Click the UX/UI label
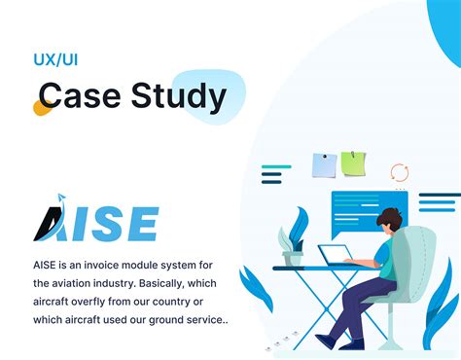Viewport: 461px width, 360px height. [x=55, y=60]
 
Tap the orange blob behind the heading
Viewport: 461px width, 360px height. [x=42, y=107]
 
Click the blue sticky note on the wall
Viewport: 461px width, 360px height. [x=324, y=165]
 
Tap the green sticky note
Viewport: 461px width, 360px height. [x=352, y=163]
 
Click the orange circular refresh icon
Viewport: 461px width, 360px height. [x=399, y=173]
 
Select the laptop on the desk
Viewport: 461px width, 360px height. [x=337, y=256]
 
